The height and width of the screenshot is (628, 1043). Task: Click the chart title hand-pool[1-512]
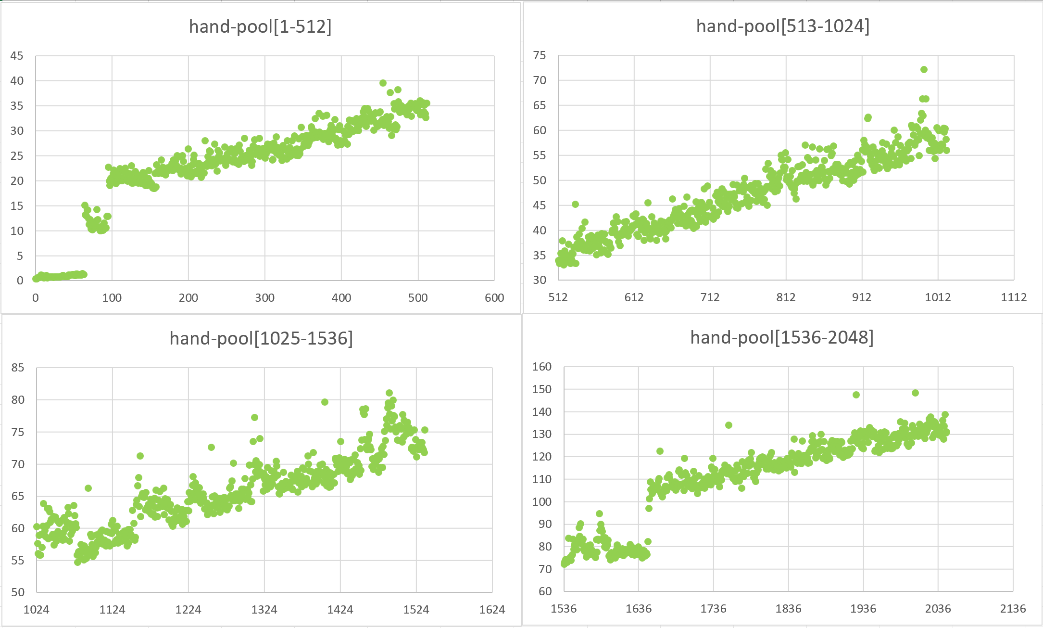point(260,26)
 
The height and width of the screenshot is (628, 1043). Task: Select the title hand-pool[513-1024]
point(782,26)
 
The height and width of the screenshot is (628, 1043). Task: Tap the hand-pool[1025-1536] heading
point(261,338)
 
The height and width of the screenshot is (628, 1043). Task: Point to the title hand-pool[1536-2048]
point(781,337)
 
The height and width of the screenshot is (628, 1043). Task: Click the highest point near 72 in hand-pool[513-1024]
point(924,69)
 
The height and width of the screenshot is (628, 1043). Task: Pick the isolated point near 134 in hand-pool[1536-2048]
point(729,425)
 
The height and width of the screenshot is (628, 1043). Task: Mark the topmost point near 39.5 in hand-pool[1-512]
point(383,83)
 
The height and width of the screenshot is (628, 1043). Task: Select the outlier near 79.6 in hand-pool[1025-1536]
point(325,402)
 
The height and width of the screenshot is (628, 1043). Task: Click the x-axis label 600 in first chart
point(494,298)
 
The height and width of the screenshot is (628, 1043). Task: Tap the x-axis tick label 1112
point(1014,297)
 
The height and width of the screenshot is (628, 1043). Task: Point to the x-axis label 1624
point(492,610)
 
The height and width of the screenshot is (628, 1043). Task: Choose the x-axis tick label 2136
point(1013,609)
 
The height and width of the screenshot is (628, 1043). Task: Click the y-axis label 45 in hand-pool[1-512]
point(17,56)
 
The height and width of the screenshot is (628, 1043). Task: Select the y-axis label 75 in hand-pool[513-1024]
point(540,55)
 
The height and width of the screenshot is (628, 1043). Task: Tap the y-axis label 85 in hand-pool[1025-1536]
point(18,368)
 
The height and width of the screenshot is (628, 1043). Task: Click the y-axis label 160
point(541,367)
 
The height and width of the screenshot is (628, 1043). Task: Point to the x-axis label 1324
point(264,610)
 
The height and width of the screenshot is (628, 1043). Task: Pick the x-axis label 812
point(786,297)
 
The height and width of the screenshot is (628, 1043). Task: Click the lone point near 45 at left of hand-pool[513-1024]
point(575,204)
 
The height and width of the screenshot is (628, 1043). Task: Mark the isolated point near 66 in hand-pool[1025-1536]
point(88,488)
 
